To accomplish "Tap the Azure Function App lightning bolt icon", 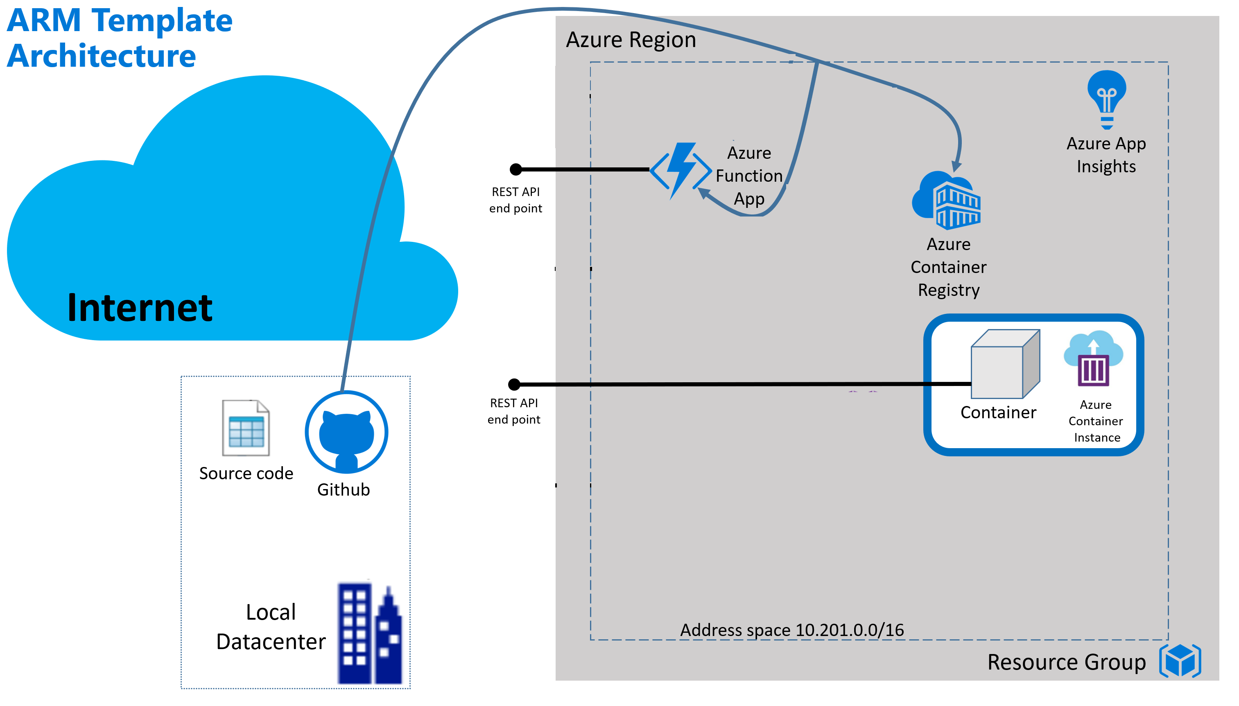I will coord(680,170).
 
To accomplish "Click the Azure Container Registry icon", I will coord(947,200).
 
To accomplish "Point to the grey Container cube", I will coord(1004,364).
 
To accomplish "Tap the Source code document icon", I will coord(246,428).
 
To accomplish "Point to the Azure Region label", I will coord(631,40).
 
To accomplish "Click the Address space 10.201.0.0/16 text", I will coord(792,630).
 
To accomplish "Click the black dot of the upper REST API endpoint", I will coord(515,169).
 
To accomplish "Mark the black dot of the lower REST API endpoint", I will coord(514,385).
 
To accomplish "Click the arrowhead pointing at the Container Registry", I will coord(956,166).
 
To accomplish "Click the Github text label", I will coord(344,490).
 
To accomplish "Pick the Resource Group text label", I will coord(1066,662).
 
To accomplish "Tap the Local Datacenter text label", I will coord(271,627).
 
